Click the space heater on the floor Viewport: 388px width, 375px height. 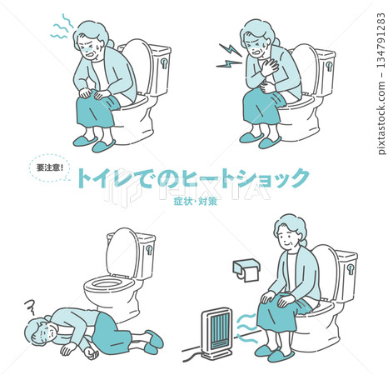[x=217, y=328]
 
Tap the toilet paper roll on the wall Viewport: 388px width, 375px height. [x=246, y=268]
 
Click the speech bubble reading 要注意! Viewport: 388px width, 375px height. [x=46, y=166]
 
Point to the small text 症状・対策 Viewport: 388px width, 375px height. [x=196, y=200]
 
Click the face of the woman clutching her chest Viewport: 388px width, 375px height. [x=253, y=42]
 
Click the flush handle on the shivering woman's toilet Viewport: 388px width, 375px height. [x=165, y=61]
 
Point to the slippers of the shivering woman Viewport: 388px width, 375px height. [x=92, y=144]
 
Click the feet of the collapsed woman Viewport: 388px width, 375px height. [x=154, y=341]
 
